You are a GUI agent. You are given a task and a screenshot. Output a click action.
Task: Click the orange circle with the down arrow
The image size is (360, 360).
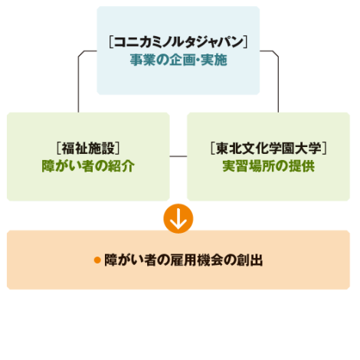(178, 218)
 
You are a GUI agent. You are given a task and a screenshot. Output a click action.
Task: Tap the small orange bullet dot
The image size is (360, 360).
(97, 260)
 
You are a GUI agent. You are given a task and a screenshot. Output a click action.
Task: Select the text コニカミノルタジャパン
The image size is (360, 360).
(178, 42)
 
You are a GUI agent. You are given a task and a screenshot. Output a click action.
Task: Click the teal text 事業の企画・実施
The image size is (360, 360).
(178, 60)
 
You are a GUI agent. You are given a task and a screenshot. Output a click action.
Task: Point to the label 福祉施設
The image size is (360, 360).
(88, 149)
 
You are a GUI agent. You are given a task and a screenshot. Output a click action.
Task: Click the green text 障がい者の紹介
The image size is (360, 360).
(88, 166)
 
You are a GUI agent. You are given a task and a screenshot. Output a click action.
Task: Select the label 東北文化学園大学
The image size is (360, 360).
(269, 149)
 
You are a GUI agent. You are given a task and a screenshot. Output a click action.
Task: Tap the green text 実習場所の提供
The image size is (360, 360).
(269, 166)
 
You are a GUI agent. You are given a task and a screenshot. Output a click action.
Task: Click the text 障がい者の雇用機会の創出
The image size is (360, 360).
(184, 260)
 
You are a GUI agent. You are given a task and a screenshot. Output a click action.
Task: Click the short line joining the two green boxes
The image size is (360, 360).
(178, 156)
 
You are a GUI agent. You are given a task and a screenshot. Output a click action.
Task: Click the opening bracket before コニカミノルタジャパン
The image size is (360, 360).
(111, 42)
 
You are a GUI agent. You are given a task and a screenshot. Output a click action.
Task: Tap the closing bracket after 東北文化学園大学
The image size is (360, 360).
(324, 149)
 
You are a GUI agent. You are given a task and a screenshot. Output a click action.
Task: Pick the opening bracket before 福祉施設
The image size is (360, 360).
(59, 149)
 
